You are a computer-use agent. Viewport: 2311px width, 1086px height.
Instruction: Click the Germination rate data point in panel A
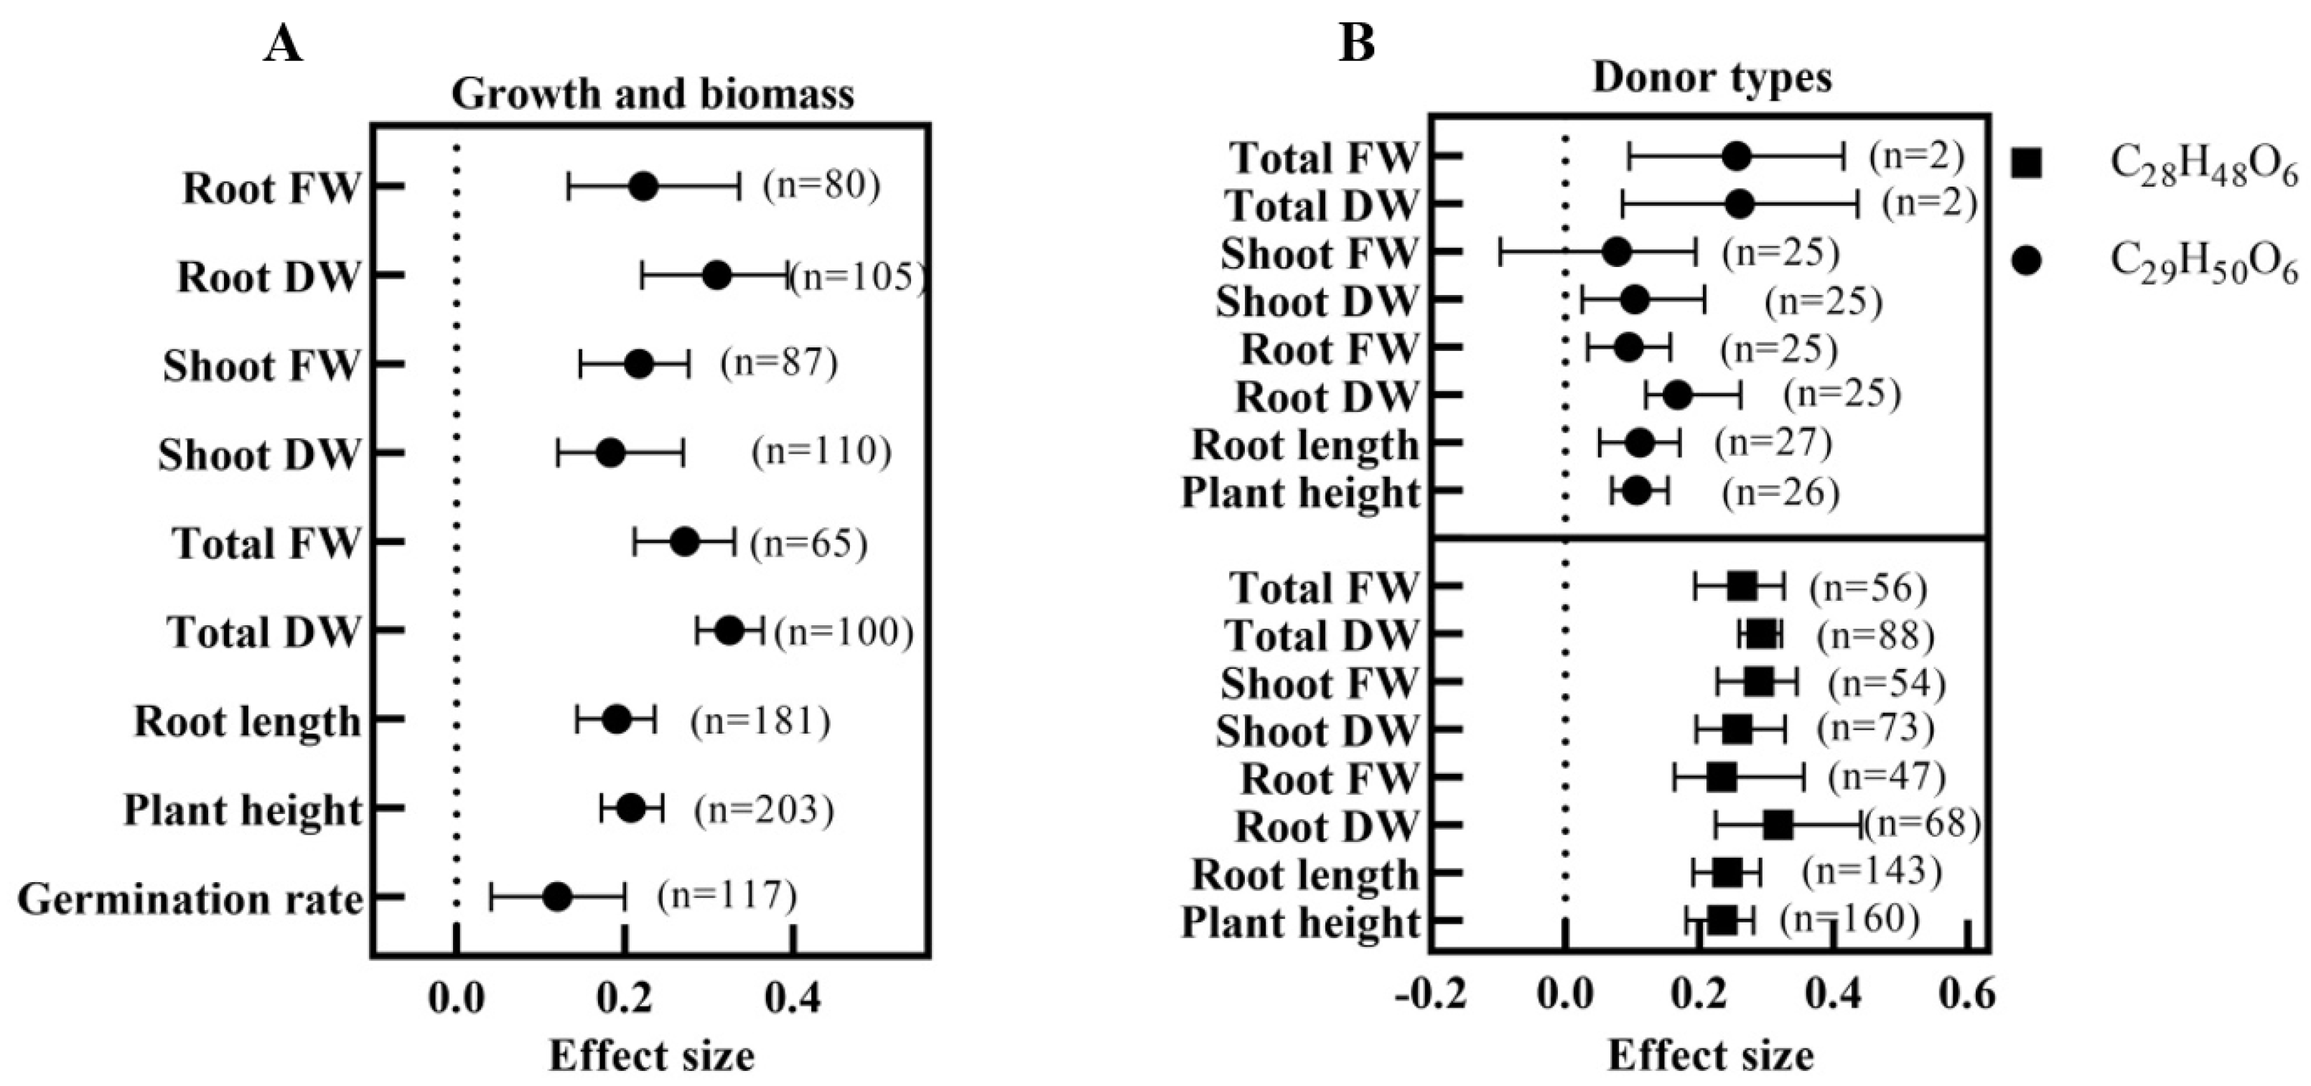click(x=557, y=897)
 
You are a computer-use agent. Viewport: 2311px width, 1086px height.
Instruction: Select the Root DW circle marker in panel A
click(x=716, y=276)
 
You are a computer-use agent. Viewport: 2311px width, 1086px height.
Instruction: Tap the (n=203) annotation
click(x=763, y=810)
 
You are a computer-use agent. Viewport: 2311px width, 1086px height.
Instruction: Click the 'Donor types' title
click(x=1712, y=79)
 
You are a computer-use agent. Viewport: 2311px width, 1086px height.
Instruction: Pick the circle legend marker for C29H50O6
click(x=2027, y=260)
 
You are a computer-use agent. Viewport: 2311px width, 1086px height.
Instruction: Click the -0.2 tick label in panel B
click(x=1432, y=996)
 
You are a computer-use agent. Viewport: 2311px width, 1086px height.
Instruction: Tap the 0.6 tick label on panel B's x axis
click(x=1966, y=996)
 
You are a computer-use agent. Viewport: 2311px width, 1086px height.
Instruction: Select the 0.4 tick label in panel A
click(x=793, y=998)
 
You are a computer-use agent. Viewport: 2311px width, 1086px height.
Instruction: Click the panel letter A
click(x=283, y=42)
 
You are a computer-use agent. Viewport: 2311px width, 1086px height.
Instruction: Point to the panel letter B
click(x=1356, y=42)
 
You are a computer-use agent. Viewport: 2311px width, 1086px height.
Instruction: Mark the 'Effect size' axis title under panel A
click(x=652, y=1057)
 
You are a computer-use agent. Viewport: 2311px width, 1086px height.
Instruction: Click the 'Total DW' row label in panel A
click(x=263, y=632)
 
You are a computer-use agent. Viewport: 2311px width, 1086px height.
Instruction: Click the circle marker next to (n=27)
click(x=1640, y=443)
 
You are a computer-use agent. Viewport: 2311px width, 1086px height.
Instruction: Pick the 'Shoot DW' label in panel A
click(x=259, y=454)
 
